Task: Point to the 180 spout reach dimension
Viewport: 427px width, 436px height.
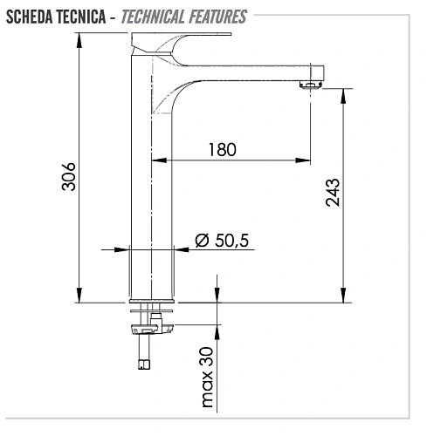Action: (x=222, y=149)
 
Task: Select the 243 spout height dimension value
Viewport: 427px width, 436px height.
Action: (x=332, y=195)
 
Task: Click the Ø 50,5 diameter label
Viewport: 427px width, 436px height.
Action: (x=222, y=239)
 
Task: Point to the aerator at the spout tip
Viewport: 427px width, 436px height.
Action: (x=310, y=85)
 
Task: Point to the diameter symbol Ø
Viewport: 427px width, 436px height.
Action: (x=200, y=239)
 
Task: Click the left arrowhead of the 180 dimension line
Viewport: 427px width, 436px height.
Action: (x=171, y=160)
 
